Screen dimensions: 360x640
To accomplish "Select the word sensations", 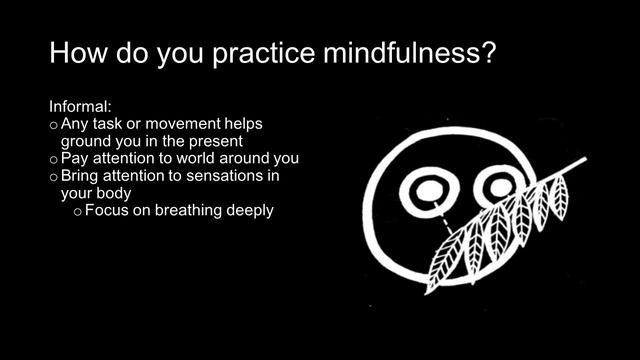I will [235, 175].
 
